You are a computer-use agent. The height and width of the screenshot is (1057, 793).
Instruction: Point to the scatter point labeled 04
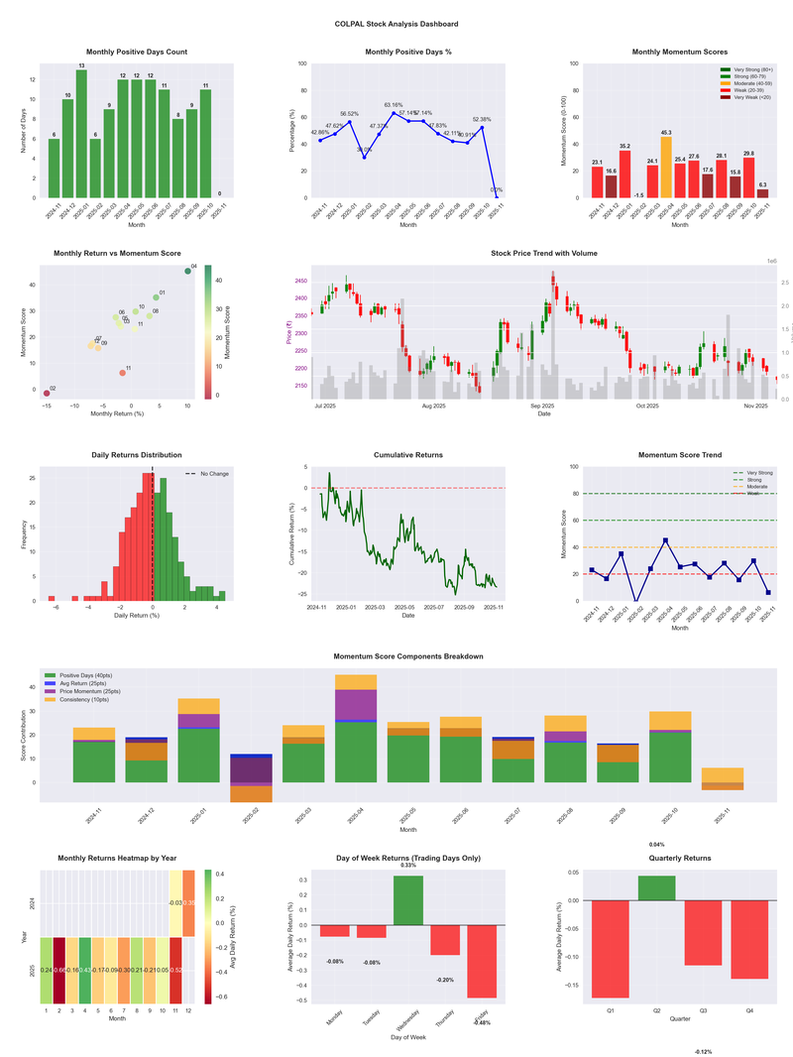tap(187, 271)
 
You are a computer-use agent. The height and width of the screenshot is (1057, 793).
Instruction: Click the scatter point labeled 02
tap(46, 394)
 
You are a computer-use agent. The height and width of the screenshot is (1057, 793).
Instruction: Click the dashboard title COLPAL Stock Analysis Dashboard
tap(396, 23)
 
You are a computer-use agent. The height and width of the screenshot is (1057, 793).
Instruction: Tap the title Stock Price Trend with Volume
tap(544, 253)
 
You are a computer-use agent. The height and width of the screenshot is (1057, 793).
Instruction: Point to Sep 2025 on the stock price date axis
tap(542, 406)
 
